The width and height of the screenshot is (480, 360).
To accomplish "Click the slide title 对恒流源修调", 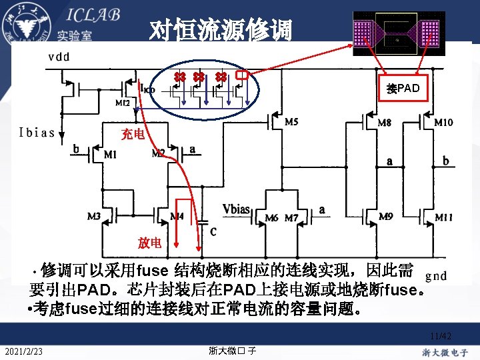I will click(220, 30).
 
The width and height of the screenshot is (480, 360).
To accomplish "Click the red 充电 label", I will click(133, 135).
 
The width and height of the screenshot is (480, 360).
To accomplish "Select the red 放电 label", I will click(149, 243).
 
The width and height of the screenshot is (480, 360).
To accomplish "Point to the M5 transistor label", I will click(291, 122).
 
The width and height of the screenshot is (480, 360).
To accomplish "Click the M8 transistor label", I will click(385, 123).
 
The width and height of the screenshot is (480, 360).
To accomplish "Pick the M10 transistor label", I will click(444, 123).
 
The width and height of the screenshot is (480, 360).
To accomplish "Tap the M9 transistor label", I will click(385, 217).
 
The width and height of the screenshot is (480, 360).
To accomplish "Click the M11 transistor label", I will click(444, 217).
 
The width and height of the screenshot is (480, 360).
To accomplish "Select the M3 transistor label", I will click(95, 217).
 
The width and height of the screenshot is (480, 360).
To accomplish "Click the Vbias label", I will click(237, 209).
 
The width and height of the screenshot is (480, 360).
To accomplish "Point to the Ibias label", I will click(37, 131).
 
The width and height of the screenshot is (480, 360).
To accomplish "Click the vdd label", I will click(59, 57).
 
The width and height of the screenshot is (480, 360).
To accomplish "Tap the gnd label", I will click(436, 275).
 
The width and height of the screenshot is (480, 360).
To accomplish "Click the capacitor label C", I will click(212, 232).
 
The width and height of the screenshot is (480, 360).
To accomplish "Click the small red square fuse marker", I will click(242, 76).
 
